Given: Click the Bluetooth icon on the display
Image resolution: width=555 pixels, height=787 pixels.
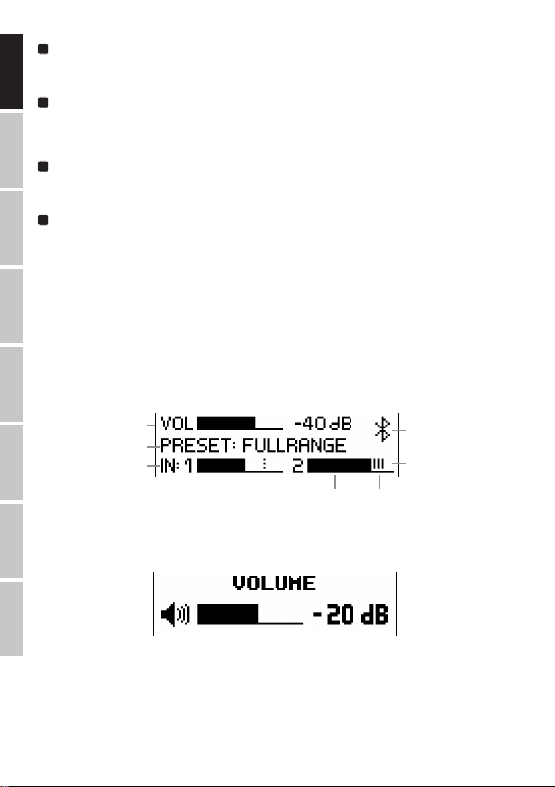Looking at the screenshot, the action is pyautogui.click(x=383, y=430).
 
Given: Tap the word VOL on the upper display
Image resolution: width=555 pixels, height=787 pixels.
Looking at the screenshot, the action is pyautogui.click(x=177, y=424).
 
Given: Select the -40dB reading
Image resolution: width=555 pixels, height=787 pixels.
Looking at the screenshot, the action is pyautogui.click(x=323, y=424).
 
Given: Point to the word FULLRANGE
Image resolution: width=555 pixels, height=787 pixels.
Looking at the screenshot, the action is pyautogui.click(x=294, y=446).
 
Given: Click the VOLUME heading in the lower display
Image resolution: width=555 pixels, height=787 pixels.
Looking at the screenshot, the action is pyautogui.click(x=274, y=583).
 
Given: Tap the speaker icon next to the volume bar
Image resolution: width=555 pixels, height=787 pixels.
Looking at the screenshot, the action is pyautogui.click(x=175, y=614).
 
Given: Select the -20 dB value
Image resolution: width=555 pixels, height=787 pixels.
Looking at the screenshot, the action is pyautogui.click(x=351, y=614).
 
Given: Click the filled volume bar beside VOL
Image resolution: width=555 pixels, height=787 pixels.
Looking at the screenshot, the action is pyautogui.click(x=226, y=424).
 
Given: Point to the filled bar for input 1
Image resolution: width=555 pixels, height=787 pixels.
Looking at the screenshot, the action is pyautogui.click(x=221, y=465).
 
